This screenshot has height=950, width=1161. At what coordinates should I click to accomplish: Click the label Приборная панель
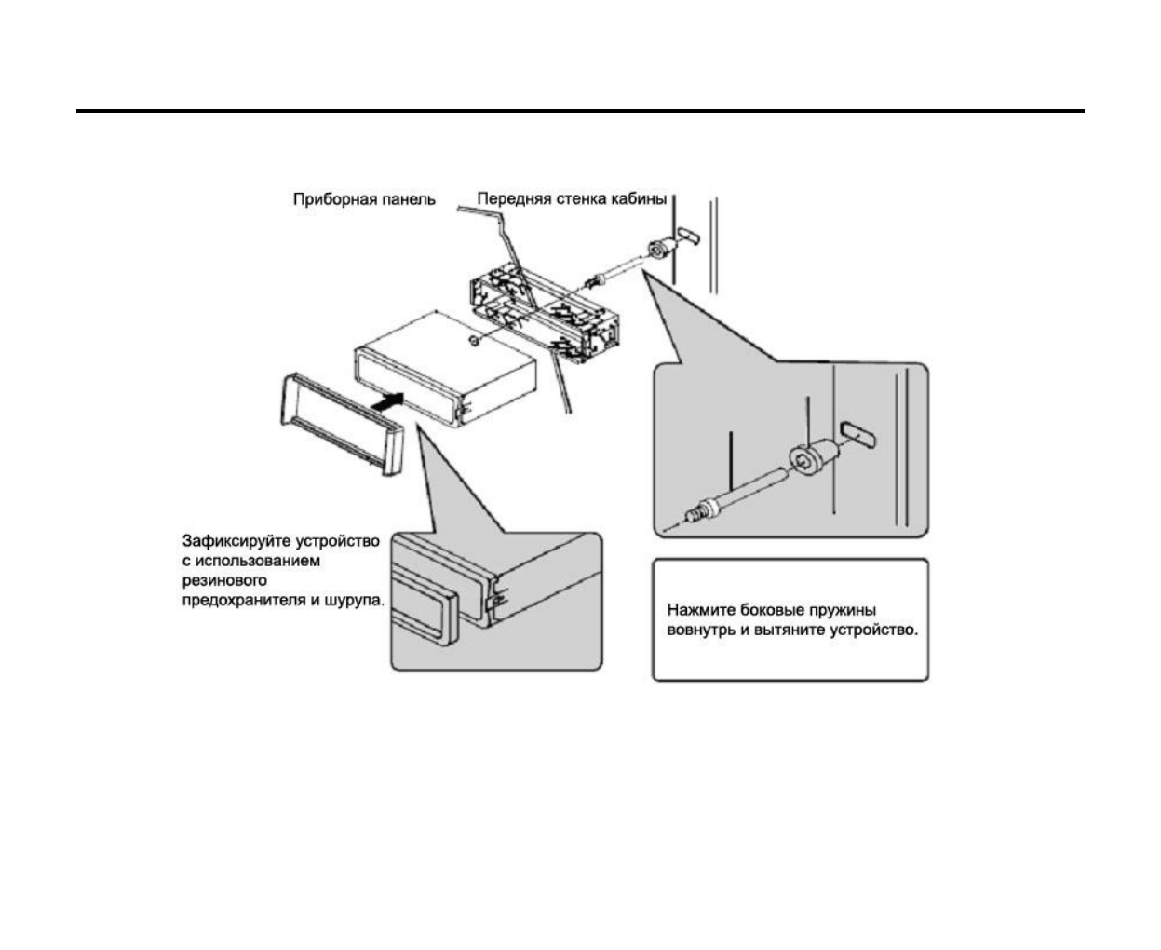[364, 199]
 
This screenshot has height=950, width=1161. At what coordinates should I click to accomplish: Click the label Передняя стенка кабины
[572, 199]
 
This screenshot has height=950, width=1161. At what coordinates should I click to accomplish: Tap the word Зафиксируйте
[236, 541]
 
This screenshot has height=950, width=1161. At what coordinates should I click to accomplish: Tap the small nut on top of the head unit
[475, 342]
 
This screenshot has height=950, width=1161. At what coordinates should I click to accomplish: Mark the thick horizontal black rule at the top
[580, 111]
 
